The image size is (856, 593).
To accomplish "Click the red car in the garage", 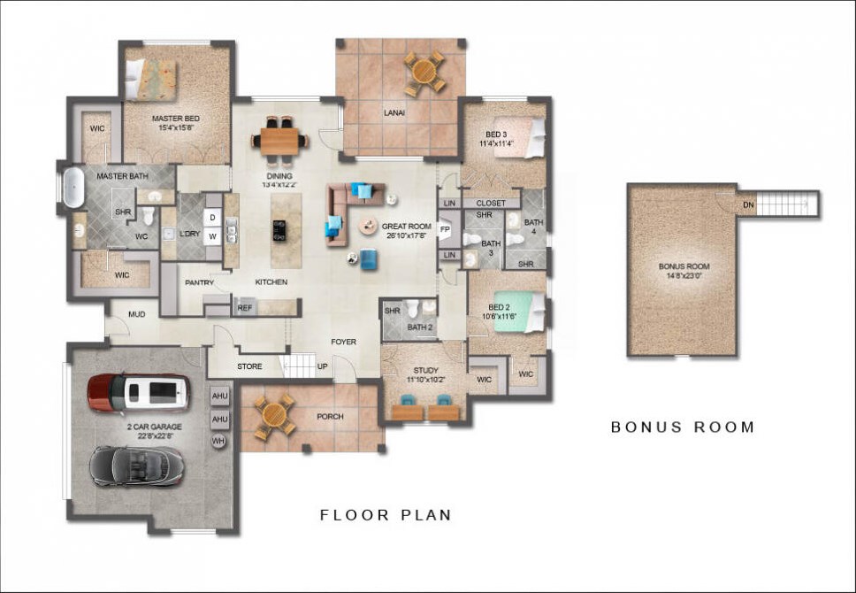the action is (x=139, y=392).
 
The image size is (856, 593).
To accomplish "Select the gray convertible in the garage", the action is (x=137, y=466).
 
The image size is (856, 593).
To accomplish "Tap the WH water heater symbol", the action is (x=219, y=441).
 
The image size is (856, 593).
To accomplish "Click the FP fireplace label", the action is (x=445, y=229).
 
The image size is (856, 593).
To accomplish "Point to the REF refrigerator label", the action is (x=245, y=308).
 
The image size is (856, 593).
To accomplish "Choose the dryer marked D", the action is (x=212, y=218).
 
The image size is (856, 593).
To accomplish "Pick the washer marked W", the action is (x=212, y=236).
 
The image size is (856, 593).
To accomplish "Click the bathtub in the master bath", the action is (x=73, y=188).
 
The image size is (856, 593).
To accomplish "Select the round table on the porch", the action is (x=274, y=417).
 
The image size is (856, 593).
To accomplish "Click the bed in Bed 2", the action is (x=520, y=312).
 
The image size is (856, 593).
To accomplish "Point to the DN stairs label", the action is (x=748, y=205).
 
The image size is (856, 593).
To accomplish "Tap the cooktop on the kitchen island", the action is (x=279, y=230).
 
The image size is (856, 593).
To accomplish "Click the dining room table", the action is (x=279, y=141).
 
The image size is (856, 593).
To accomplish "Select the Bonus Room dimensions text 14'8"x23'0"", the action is (x=684, y=276).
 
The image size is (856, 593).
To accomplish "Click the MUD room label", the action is (x=136, y=314).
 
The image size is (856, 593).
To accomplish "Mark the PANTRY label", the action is (x=199, y=282).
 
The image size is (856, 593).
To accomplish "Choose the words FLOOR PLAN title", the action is (x=386, y=515).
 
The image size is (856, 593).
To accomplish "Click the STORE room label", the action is (x=249, y=366).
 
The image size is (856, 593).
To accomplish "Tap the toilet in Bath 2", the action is (x=413, y=307).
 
